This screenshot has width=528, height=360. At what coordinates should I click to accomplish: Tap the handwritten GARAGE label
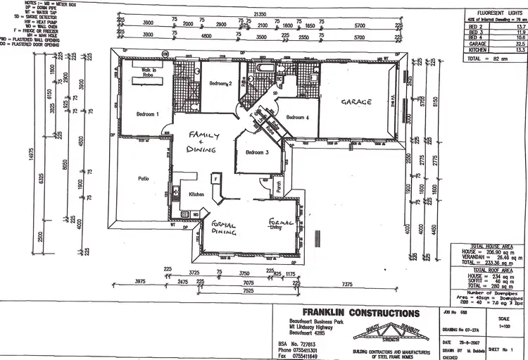(356, 102)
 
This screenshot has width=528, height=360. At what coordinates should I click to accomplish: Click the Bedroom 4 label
(298, 118)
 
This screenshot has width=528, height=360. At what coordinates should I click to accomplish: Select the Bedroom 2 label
(220, 84)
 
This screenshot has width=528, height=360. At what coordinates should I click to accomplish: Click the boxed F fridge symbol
(215, 178)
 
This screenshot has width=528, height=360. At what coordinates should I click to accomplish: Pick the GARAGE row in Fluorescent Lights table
(489, 63)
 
